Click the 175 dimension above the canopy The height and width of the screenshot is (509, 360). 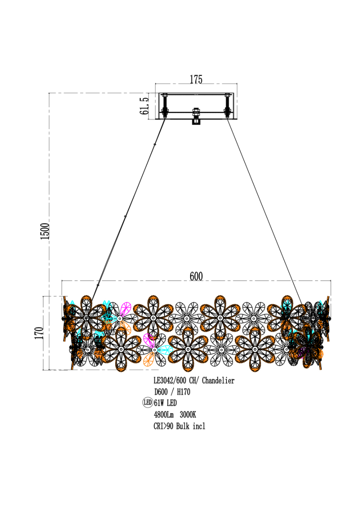click(196, 79)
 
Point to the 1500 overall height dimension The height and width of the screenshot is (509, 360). click(45, 231)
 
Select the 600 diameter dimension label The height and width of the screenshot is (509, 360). click(196, 276)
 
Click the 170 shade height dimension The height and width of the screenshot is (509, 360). click(39, 333)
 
